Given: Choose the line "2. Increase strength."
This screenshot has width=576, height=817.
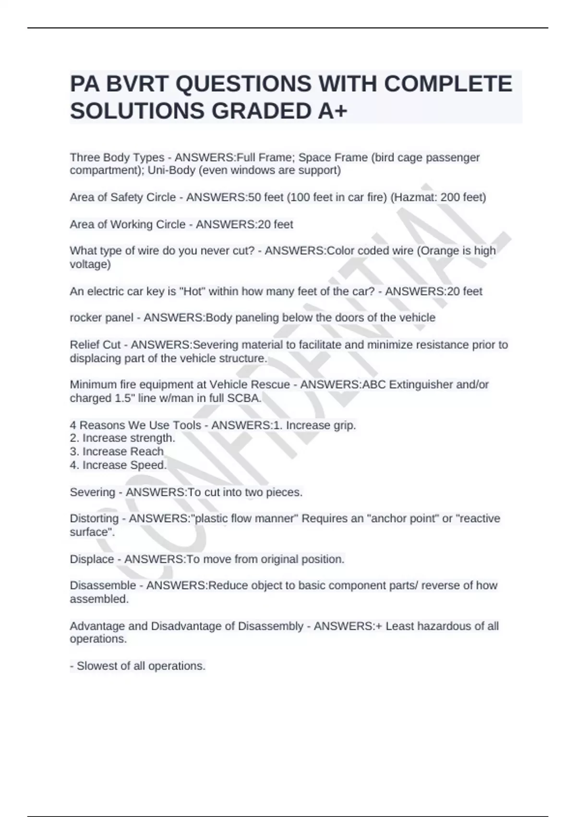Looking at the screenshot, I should pos(122,438).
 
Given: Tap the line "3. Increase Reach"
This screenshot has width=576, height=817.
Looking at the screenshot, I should pos(117,452).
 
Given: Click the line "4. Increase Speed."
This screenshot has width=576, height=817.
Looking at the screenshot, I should pos(118,465).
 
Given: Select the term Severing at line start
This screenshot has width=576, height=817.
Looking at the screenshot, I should pos(93,492).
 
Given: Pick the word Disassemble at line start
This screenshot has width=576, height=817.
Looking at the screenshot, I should pos(103,585).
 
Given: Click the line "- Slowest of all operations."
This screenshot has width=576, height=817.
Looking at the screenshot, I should pos(138,666).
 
